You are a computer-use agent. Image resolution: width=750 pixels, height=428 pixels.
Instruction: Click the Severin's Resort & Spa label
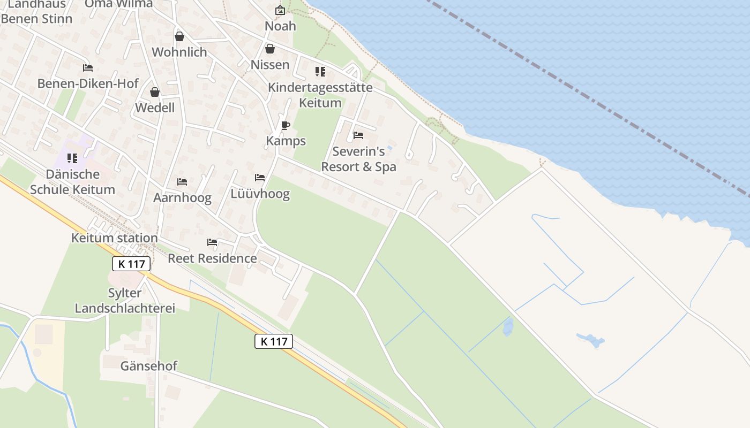pyautogui.click(x=358, y=159)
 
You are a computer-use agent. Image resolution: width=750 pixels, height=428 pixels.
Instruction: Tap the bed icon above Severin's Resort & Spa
pyautogui.click(x=358, y=135)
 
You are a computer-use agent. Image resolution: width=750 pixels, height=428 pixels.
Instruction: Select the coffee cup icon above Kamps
pyautogui.click(x=286, y=125)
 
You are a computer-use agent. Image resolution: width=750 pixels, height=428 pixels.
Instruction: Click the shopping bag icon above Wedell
pyautogui.click(x=155, y=92)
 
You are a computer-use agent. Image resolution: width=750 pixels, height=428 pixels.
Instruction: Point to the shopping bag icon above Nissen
pyautogui.click(x=270, y=49)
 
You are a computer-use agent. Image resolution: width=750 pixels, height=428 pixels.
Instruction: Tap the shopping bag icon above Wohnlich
pyautogui.click(x=179, y=36)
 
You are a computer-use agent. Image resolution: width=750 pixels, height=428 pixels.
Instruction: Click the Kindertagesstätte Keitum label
pyautogui.click(x=320, y=95)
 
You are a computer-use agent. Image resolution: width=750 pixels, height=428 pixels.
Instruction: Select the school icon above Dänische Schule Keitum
pyautogui.click(x=72, y=158)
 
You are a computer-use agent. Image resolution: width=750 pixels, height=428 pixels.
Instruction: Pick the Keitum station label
pyautogui.click(x=115, y=238)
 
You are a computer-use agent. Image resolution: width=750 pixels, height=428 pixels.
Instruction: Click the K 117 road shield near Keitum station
pyautogui.click(x=131, y=263)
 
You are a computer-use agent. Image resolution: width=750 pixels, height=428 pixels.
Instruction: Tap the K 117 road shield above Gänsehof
pyautogui.click(x=274, y=341)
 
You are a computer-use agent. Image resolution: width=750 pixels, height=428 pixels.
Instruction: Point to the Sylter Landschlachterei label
pyautogui.click(x=125, y=300)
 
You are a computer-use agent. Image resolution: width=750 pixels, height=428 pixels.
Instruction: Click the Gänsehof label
pyautogui.click(x=148, y=366)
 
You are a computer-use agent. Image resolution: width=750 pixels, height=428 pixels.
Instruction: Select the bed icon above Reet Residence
pyautogui.click(x=212, y=242)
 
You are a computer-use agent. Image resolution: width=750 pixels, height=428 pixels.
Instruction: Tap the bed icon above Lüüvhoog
pyautogui.click(x=260, y=177)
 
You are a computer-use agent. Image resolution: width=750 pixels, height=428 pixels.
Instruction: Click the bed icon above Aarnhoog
pyautogui.click(x=182, y=181)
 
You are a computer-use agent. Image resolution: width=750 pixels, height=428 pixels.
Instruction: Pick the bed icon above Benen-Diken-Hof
pyautogui.click(x=88, y=68)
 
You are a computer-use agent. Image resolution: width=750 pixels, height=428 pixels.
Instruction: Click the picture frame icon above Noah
pyautogui.click(x=280, y=10)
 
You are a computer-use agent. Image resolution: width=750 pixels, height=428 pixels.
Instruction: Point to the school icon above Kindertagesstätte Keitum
pyautogui.click(x=320, y=71)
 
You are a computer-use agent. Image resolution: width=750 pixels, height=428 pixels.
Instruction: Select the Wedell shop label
pyautogui.click(x=155, y=108)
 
